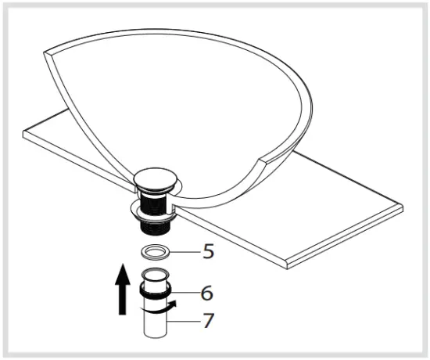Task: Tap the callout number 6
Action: coord(206,293)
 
